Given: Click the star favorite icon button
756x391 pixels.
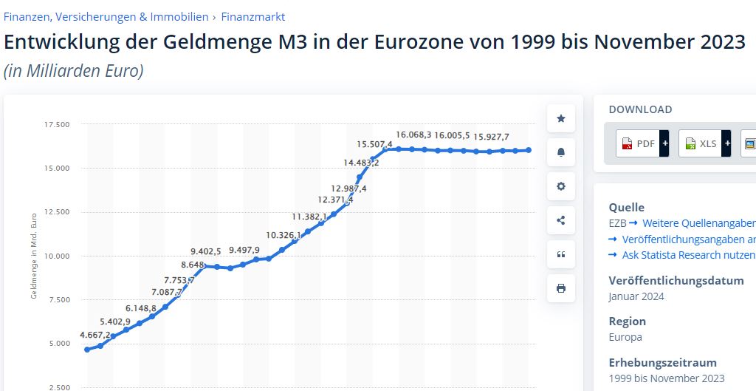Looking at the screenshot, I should [x=561, y=118].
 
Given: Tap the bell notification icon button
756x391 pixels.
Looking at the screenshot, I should [x=561, y=152].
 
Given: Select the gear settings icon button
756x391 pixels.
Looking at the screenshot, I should [x=561, y=186].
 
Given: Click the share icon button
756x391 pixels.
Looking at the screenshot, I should [x=561, y=220].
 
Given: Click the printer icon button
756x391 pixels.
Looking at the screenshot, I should [x=561, y=288].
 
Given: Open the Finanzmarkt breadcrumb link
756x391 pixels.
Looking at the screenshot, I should [x=252, y=17].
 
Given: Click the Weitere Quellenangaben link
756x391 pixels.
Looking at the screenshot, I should [x=698, y=223].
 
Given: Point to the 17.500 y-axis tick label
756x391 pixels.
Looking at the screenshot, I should [x=57, y=124].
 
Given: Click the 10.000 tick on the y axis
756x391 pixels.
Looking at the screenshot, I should [x=57, y=256].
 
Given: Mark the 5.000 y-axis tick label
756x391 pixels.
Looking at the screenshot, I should [x=57, y=344].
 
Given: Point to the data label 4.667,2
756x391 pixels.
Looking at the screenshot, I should [x=95, y=335].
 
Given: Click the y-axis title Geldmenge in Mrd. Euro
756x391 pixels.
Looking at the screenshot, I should [x=34, y=255].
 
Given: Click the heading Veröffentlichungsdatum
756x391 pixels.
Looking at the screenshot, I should [x=676, y=281].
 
